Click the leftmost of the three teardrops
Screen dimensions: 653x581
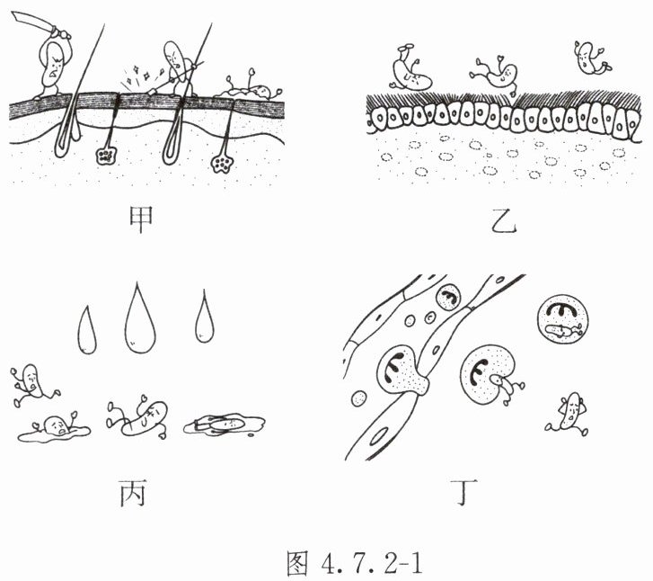tap(86, 330)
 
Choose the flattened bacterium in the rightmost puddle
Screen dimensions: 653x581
tap(225, 424)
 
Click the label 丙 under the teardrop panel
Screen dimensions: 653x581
tap(136, 492)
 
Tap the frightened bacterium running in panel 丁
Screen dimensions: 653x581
tap(568, 413)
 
